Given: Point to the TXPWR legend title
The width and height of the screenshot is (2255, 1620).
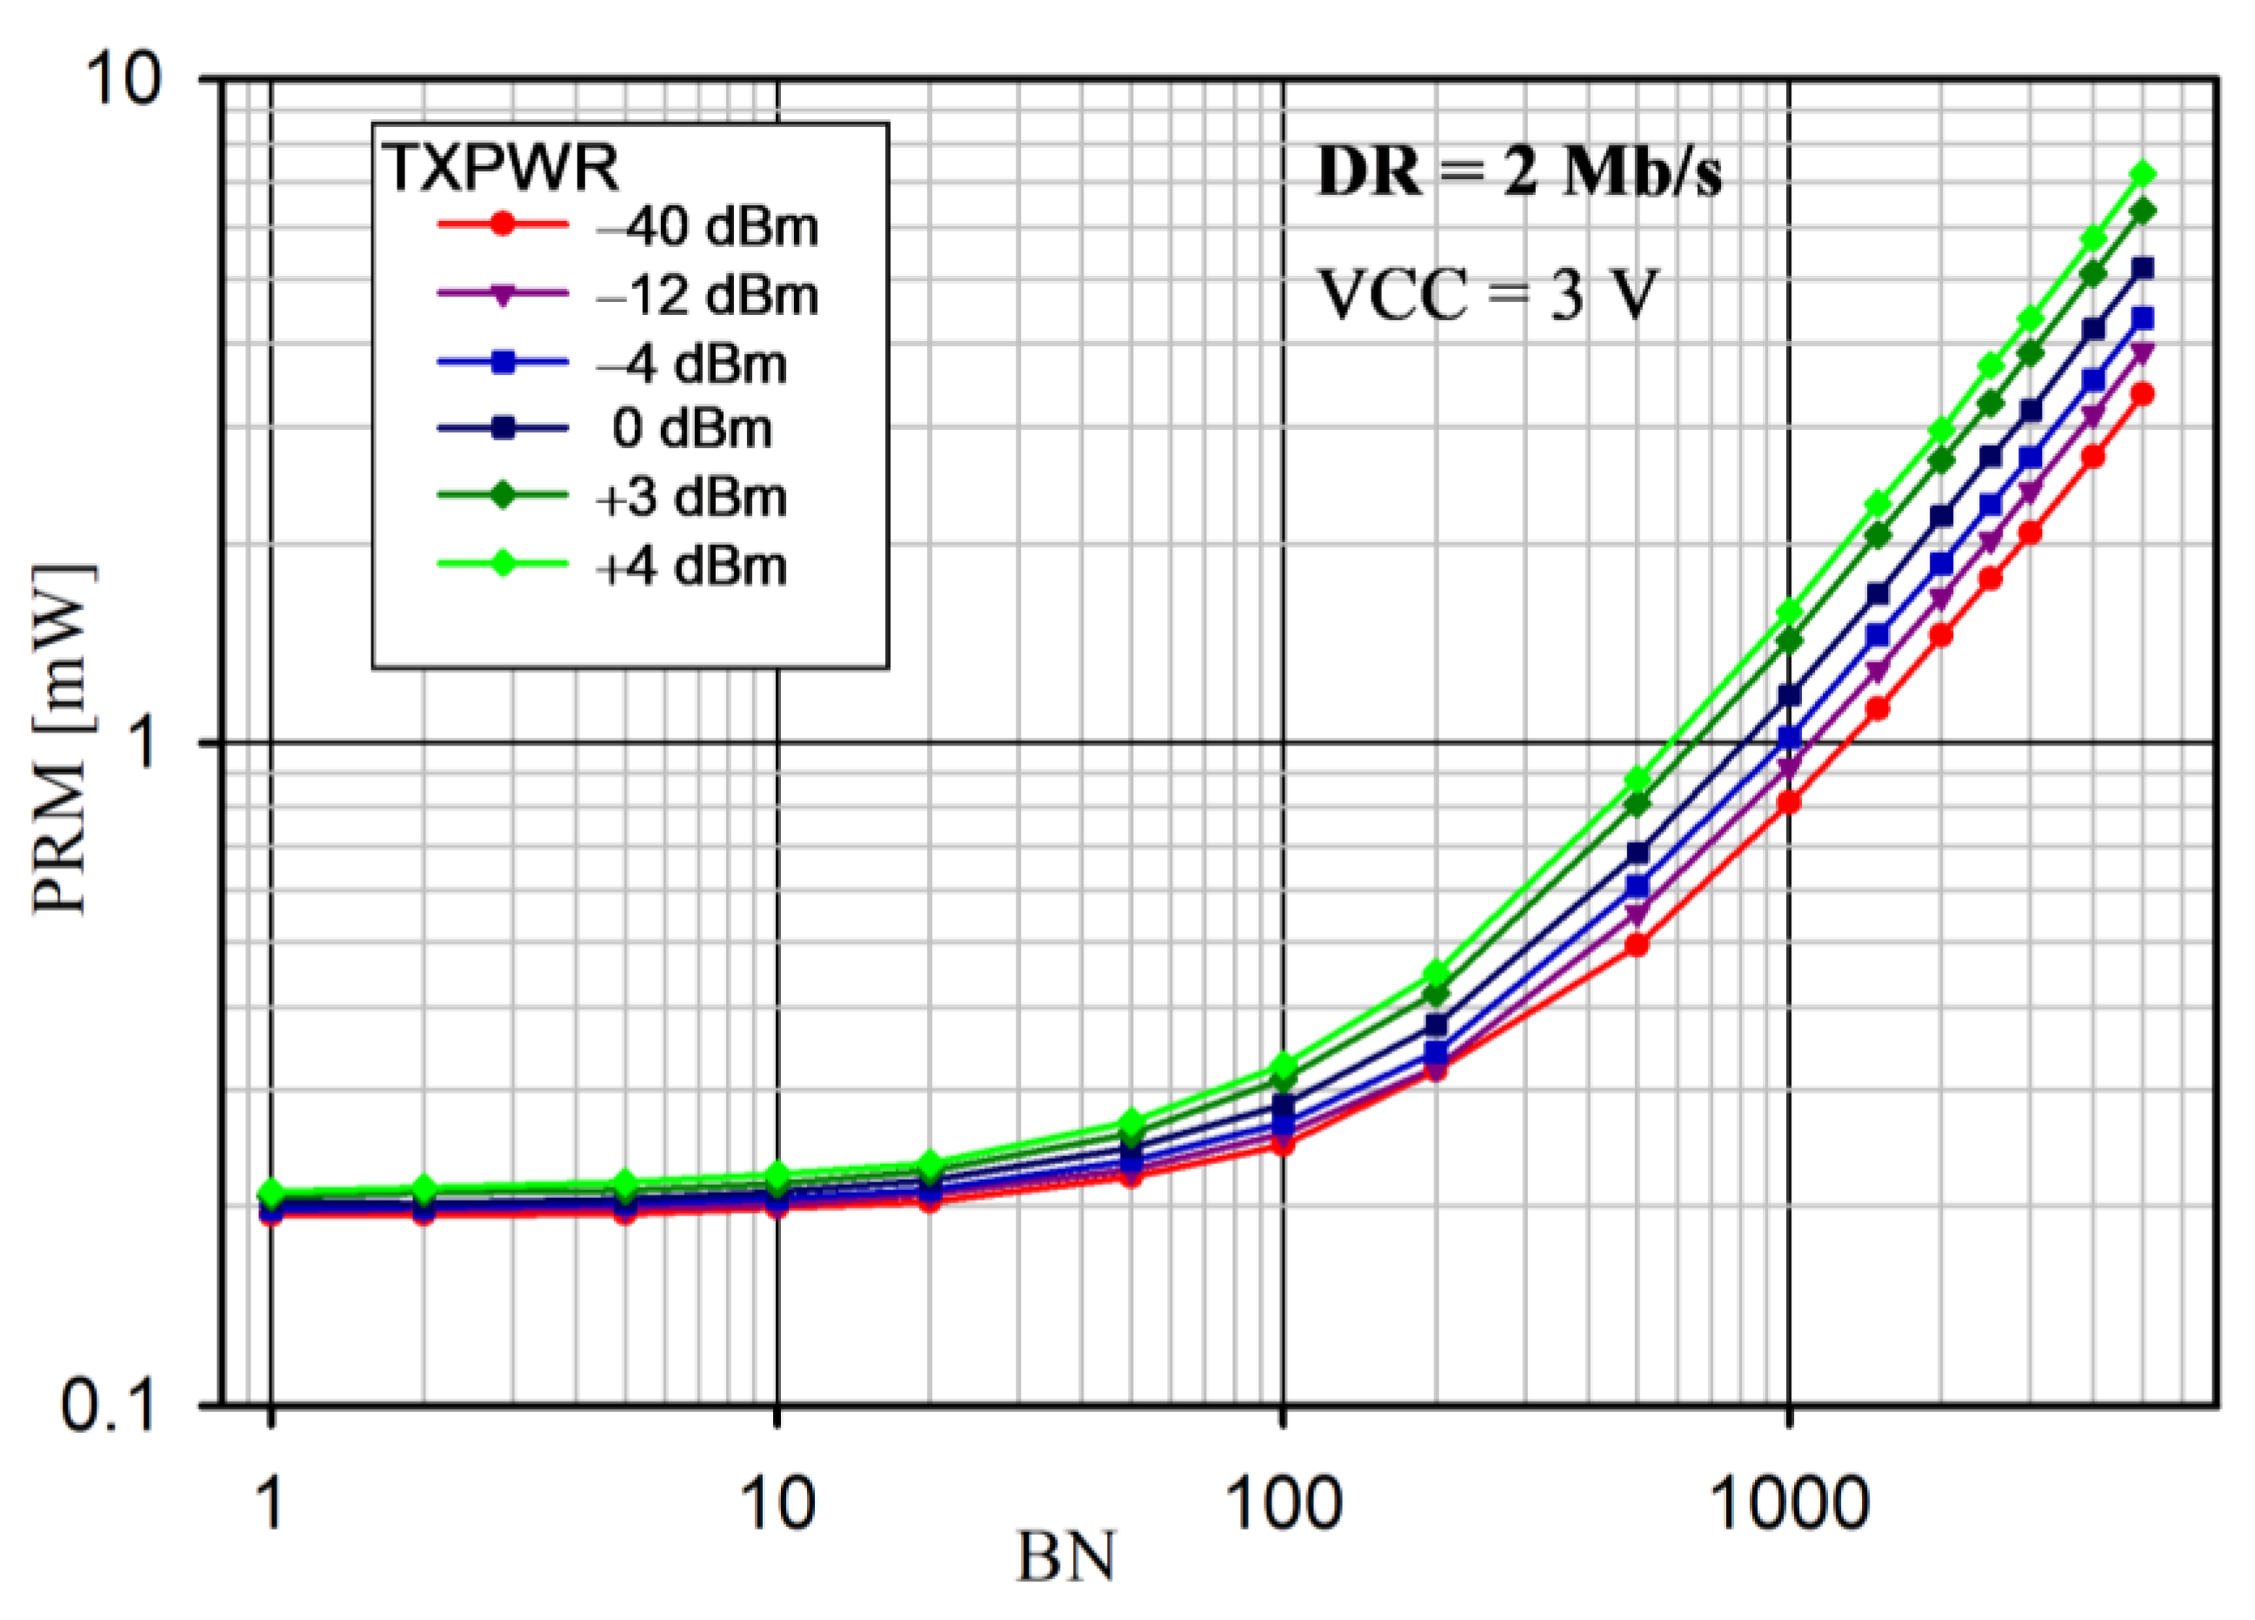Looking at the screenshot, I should [x=500, y=166].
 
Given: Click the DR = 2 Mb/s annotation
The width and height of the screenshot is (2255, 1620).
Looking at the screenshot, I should [x=1518, y=173].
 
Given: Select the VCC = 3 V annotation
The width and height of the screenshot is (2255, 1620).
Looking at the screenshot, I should [x=1489, y=295].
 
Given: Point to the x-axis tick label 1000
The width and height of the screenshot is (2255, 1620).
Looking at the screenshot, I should [x=1789, y=1503].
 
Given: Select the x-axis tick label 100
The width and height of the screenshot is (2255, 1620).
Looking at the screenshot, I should [x=1284, y=1503].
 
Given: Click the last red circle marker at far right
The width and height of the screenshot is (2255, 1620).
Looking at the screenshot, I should [x=2143, y=395].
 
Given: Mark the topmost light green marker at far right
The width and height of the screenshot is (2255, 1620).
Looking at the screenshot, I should [x=2144, y=175].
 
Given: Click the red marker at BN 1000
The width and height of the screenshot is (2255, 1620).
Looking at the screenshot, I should [x=1789, y=801].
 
